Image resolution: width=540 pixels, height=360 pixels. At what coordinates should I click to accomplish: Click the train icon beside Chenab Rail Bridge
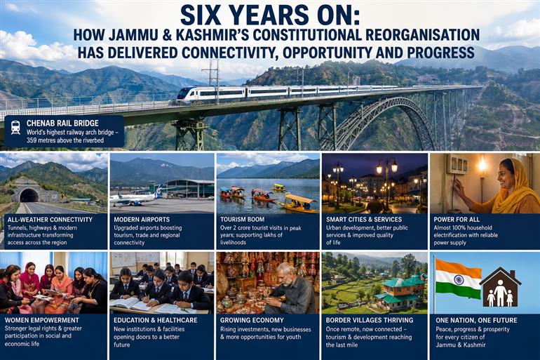pos(15,128)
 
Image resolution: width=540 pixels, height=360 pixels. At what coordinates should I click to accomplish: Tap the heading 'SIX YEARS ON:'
pos(270,16)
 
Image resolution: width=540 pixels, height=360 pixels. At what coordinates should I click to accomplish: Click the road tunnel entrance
pos(29,196)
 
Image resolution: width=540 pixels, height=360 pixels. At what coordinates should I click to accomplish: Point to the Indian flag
pos(458,279)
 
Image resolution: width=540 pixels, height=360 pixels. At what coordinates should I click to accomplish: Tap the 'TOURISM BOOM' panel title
pos(242,219)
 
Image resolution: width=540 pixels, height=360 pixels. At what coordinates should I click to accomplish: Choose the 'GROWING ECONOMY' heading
pos(252,320)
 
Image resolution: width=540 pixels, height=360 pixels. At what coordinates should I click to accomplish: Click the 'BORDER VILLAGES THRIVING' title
pos(369,320)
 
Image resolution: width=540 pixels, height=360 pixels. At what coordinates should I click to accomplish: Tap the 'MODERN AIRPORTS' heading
pos(142,219)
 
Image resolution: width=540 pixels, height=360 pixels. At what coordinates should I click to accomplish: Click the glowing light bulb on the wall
pos(482,166)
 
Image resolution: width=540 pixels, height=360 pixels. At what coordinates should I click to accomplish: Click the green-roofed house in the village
pos(400,292)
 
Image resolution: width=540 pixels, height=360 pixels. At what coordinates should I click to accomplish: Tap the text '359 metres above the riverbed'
pos(65,140)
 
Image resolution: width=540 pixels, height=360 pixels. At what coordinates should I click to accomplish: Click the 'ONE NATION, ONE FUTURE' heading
pos(476,320)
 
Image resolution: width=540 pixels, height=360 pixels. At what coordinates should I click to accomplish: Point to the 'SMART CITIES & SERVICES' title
pos(364,219)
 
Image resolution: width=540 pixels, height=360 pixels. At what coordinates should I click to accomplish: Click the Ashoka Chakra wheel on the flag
pos(459,279)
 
